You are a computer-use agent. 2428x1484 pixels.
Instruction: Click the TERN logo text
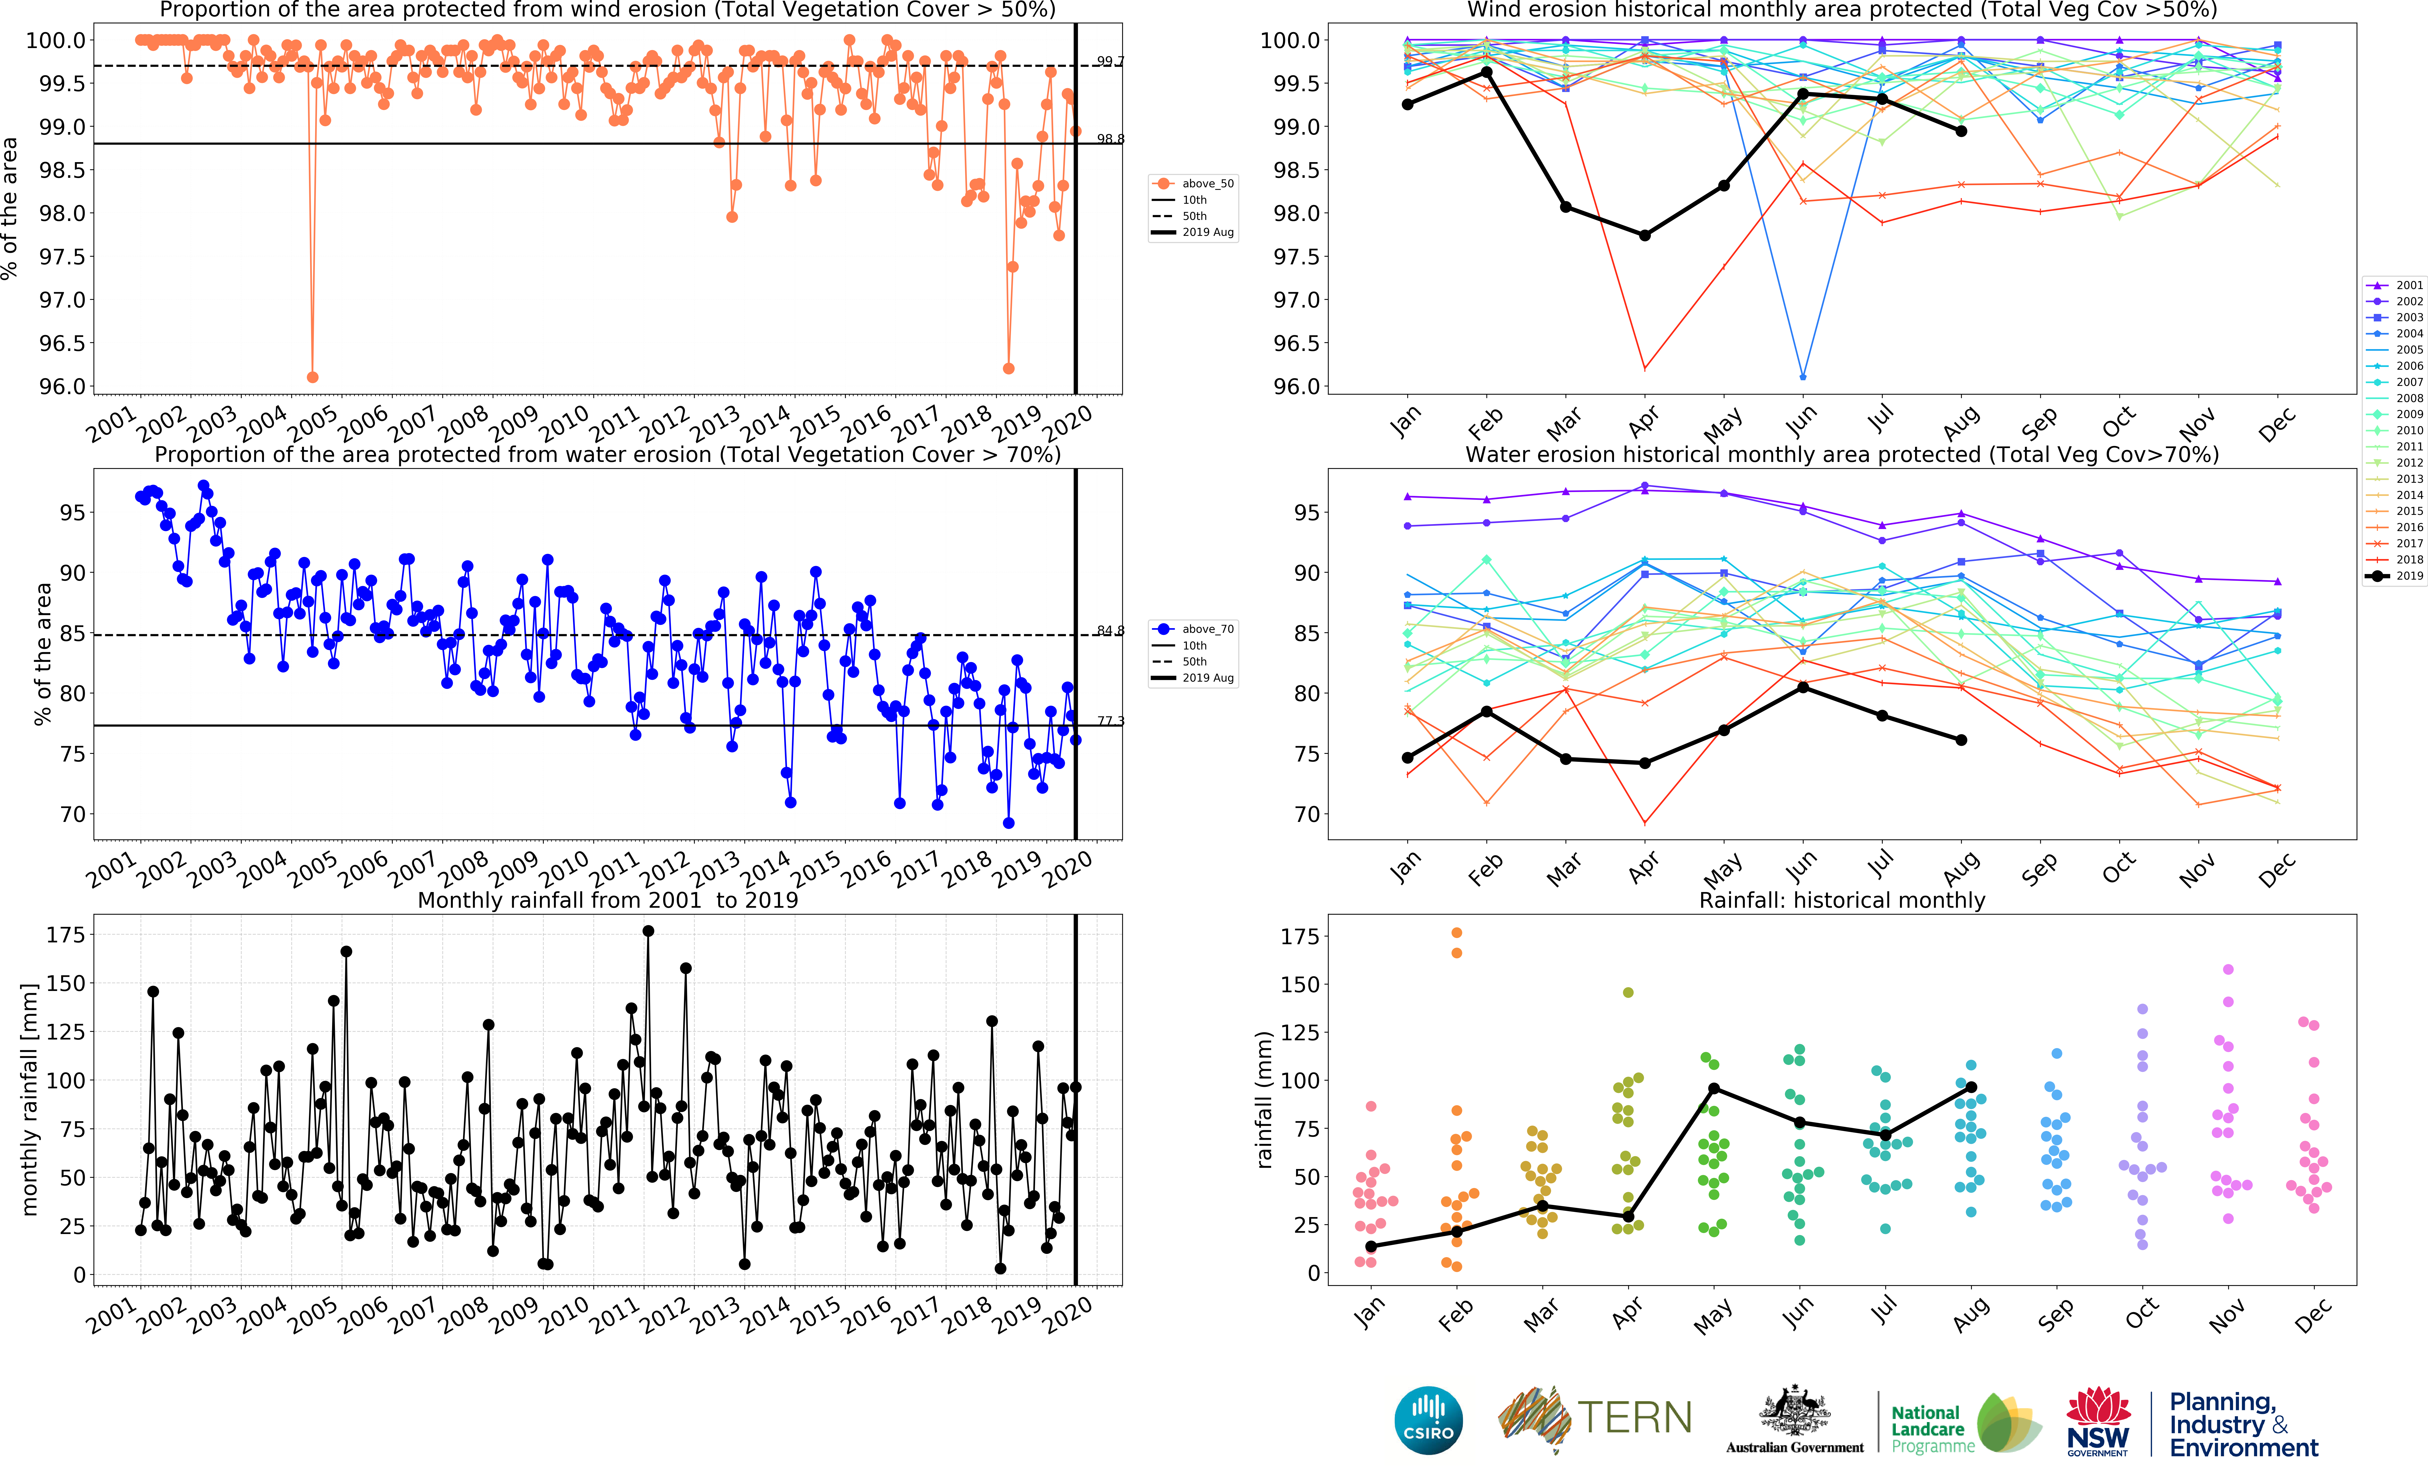[x=1635, y=1418]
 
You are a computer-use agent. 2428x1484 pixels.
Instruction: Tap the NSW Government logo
[x=2098, y=1421]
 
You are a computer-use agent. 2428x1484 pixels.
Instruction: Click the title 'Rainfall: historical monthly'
[x=1842, y=900]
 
